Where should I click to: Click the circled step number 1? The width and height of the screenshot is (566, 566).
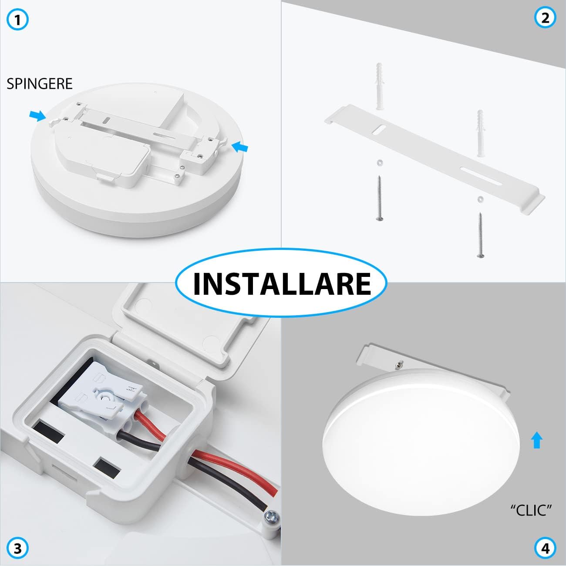pyautogui.click(x=18, y=20)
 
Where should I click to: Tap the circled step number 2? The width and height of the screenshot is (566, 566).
pyautogui.click(x=545, y=18)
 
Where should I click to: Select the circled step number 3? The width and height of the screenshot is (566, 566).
pyautogui.click(x=18, y=548)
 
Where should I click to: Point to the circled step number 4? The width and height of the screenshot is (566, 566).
pyautogui.click(x=545, y=548)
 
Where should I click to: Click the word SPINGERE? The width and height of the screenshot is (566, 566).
pyautogui.click(x=39, y=84)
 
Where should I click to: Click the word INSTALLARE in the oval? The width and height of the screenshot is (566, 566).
pyautogui.click(x=282, y=283)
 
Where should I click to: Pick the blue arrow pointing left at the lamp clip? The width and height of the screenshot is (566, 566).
pyautogui.click(x=240, y=148)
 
